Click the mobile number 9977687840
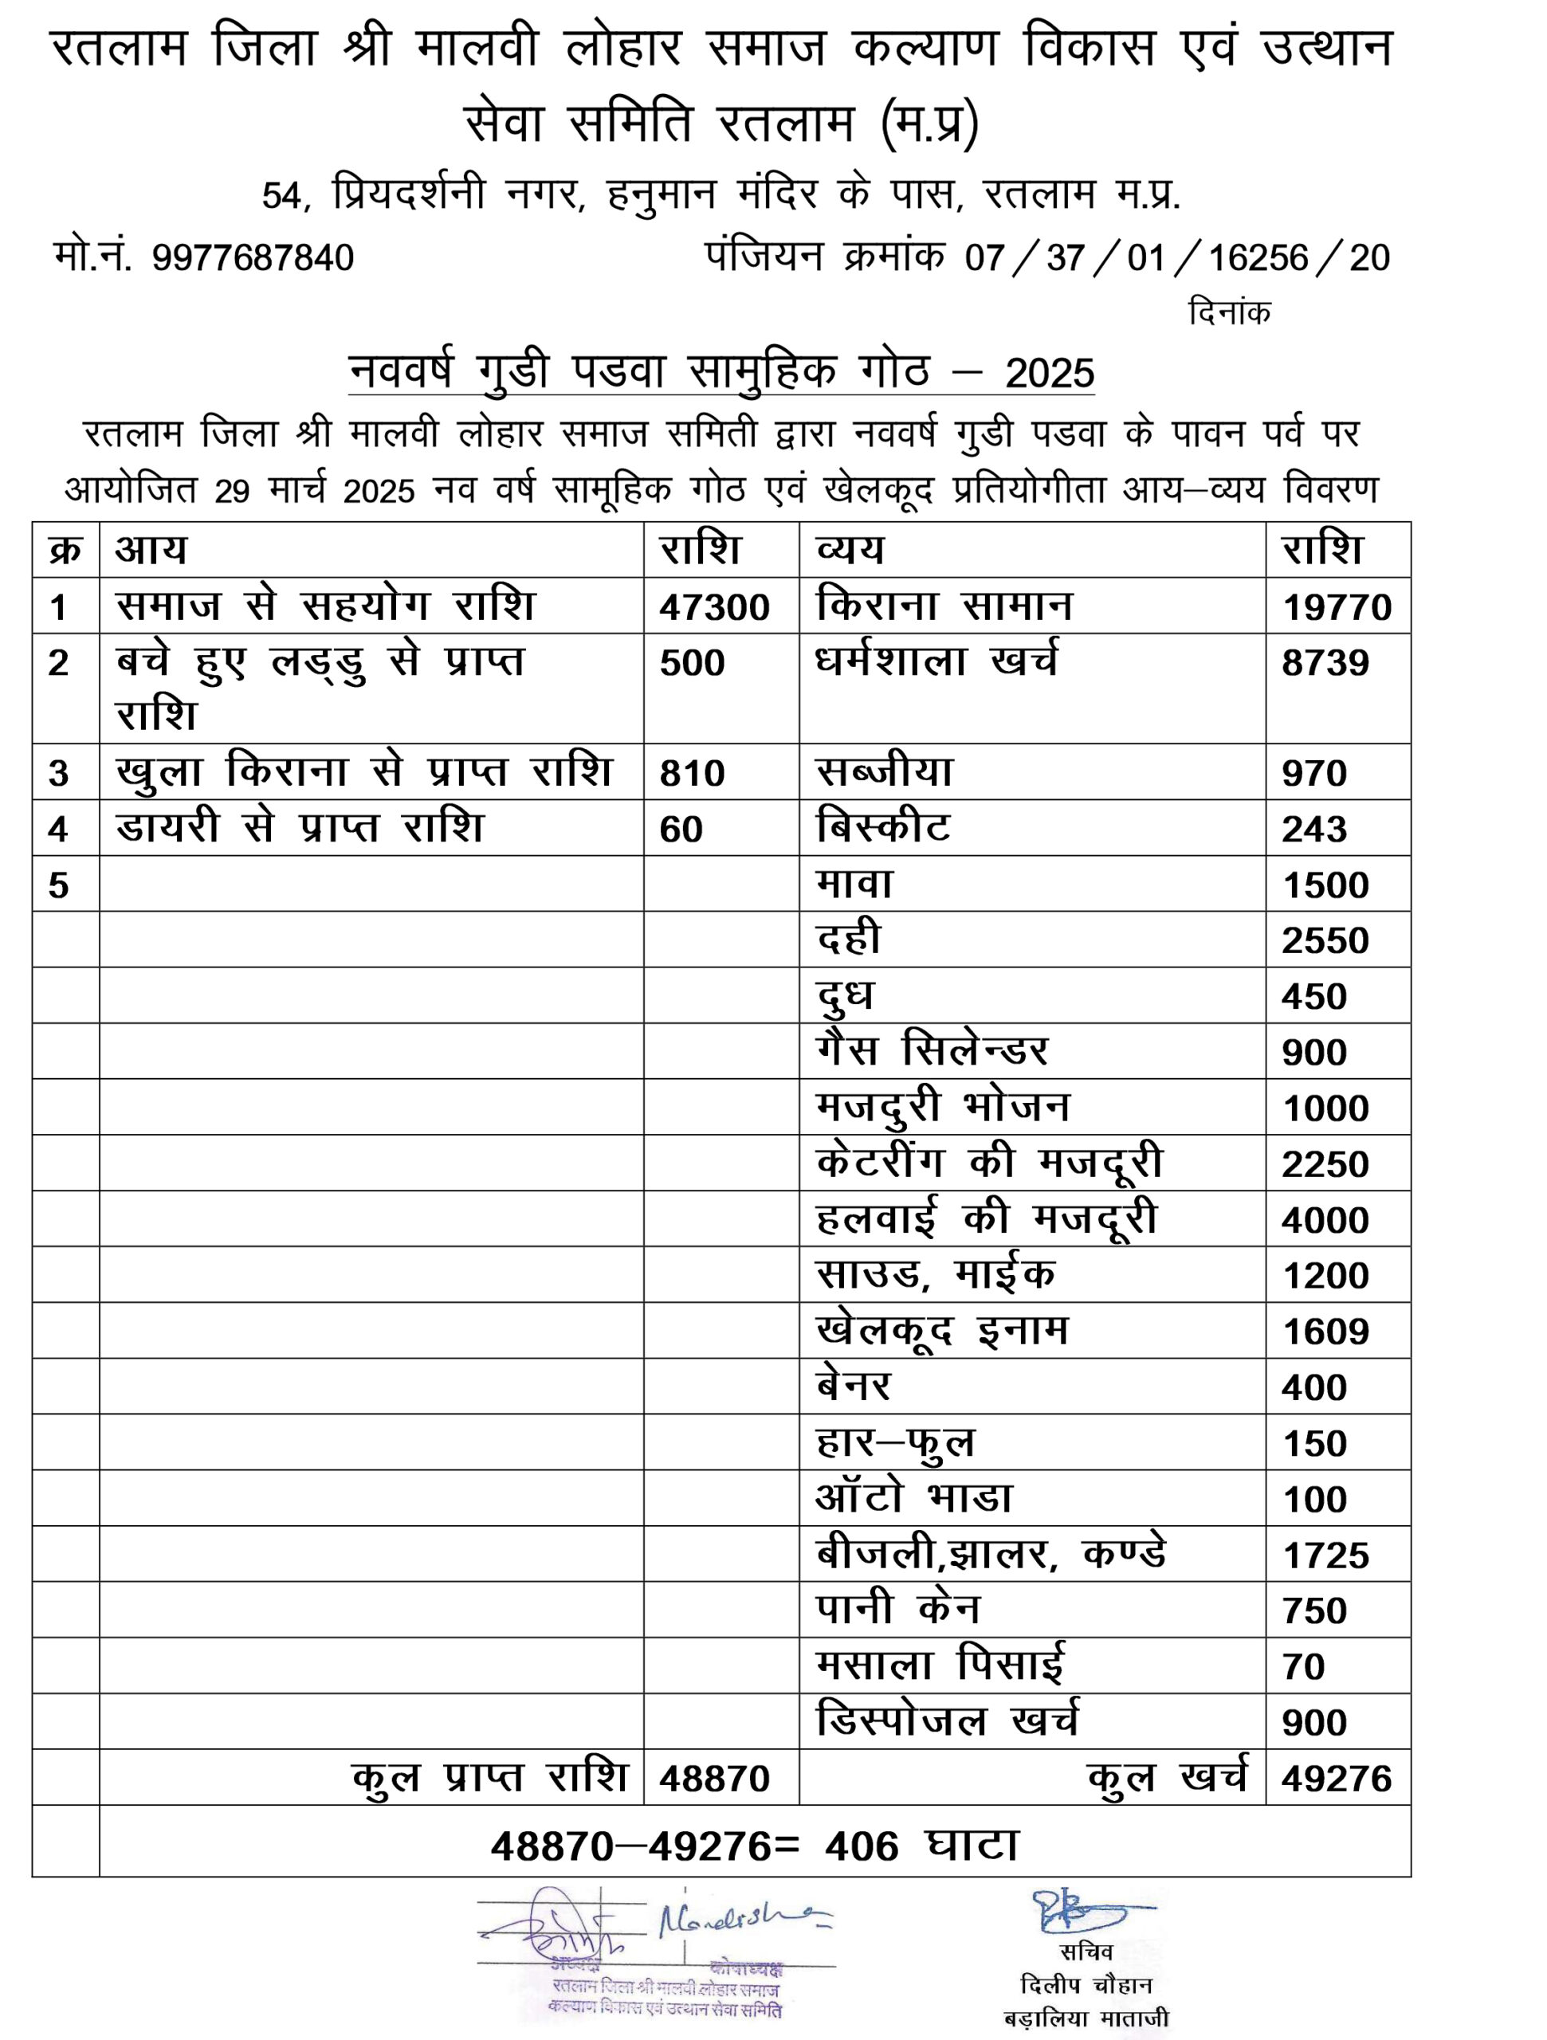tap(253, 258)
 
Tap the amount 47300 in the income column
tap(714, 608)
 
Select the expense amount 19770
tap(1337, 608)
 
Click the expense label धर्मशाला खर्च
tap(936, 661)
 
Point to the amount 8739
tap(1325, 663)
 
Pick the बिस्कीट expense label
tap(883, 827)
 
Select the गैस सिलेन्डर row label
tap(932, 1050)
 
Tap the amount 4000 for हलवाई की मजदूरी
tap(1325, 1220)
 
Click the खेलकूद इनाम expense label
tap(941, 1331)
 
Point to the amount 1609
tap(1325, 1332)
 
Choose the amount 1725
tap(1325, 1555)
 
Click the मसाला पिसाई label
tap(939, 1665)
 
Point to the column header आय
tap(151, 551)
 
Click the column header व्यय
tap(850, 551)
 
